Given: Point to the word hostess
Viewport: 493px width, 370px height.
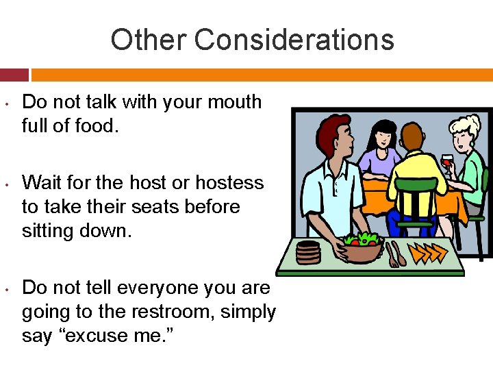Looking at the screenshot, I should pyautogui.click(x=229, y=182).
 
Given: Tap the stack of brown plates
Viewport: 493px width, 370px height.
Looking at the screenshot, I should pyautogui.click(x=309, y=252).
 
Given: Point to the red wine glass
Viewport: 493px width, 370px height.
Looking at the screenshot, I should pyautogui.click(x=446, y=160).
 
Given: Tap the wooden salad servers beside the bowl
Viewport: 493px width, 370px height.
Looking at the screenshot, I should pyautogui.click(x=395, y=254).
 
